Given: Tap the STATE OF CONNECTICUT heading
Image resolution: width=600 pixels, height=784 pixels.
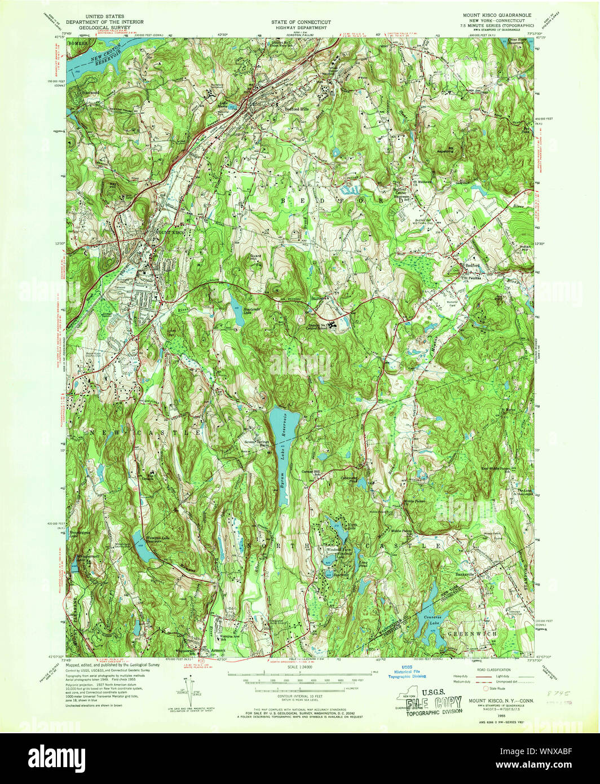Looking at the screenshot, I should pos(301,21).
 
